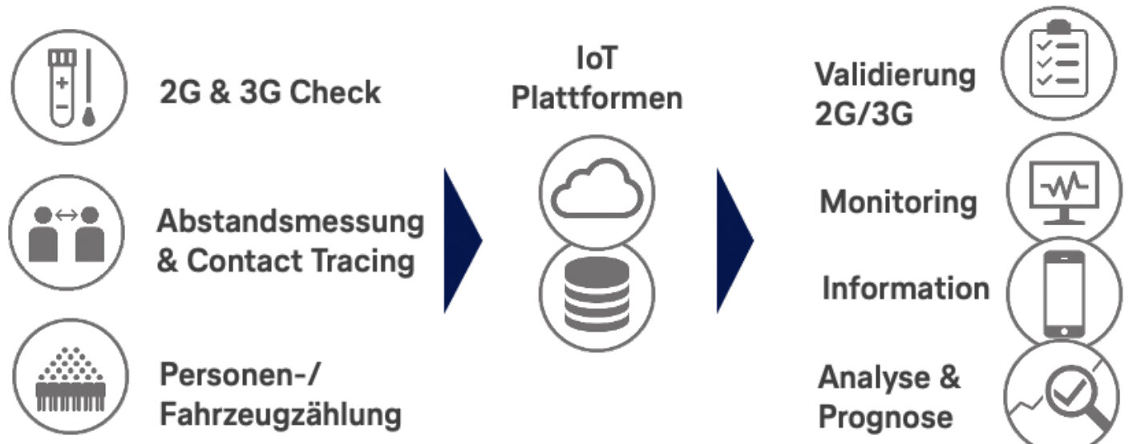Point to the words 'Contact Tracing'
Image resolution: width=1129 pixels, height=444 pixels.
coord(301,261)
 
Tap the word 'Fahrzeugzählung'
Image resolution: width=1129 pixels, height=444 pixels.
coord(280,415)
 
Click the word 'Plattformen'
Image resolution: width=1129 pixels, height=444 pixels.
coord(597,99)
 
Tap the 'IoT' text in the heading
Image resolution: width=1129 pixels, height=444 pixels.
coord(597,59)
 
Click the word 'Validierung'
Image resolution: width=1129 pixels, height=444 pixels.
coord(895,75)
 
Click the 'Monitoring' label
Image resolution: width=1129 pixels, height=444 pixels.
coord(898,202)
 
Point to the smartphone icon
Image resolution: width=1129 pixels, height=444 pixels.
coord(1064,293)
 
